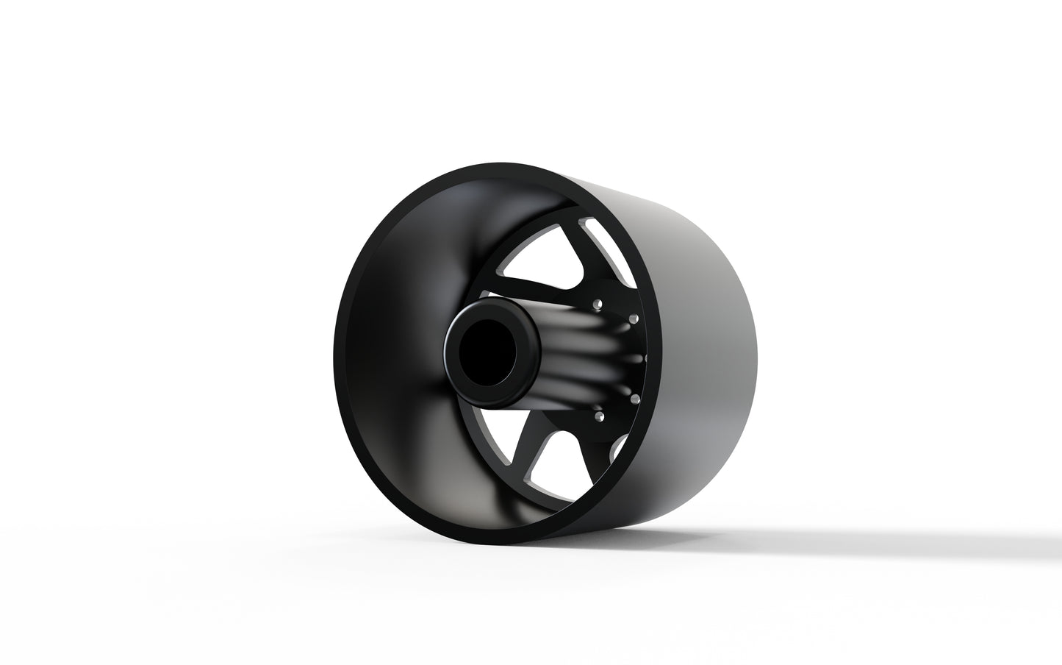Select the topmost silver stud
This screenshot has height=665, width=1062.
pos(599,302)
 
